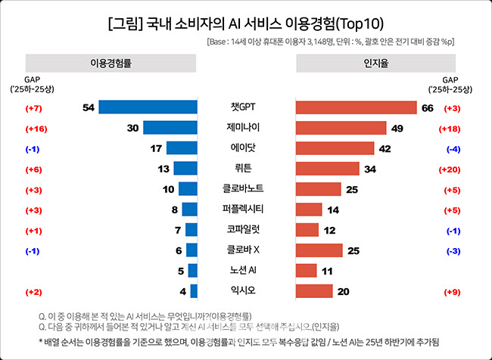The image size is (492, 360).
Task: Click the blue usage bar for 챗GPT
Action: point(148,107)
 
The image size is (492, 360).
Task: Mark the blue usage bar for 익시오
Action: point(194,290)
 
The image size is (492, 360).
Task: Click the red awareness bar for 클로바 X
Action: point(318,250)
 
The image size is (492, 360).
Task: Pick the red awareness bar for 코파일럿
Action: point(307,229)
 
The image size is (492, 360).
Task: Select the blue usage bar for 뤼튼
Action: point(185,168)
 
